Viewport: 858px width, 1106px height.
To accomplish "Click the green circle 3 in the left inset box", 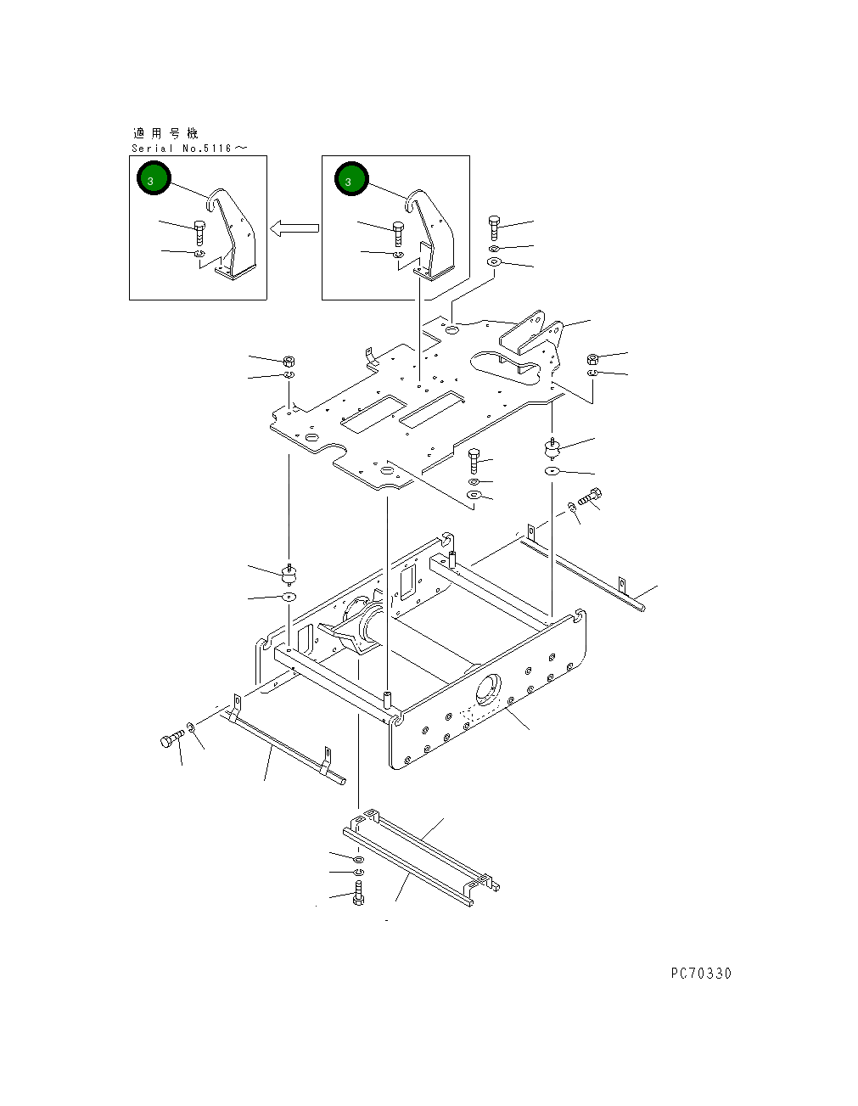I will (x=154, y=178).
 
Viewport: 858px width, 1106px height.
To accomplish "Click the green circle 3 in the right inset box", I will (x=350, y=179).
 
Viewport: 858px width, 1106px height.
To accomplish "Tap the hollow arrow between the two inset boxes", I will (x=294, y=227).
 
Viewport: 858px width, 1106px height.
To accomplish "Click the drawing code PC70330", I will (x=700, y=974).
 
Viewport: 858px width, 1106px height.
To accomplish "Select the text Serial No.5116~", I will (x=189, y=149).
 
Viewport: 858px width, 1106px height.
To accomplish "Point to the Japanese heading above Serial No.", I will (x=165, y=133).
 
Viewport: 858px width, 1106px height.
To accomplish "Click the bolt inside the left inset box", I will (x=200, y=232).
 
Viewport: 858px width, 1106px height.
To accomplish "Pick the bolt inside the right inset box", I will (x=398, y=232).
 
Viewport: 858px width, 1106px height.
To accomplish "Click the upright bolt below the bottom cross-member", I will (x=358, y=893).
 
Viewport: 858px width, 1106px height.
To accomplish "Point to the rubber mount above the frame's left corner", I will (x=289, y=575).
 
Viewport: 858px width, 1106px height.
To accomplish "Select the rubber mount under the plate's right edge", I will (x=552, y=447).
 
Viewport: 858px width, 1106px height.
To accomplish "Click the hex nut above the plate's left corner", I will (x=288, y=360).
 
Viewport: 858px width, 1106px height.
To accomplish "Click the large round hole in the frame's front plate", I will (x=488, y=688).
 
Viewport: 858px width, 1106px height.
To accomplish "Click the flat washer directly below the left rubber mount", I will (x=289, y=597).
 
